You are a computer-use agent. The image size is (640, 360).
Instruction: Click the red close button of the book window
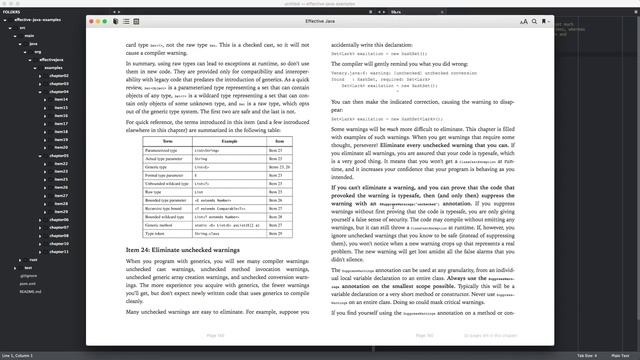(93, 20)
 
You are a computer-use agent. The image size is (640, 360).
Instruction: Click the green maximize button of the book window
(107, 20)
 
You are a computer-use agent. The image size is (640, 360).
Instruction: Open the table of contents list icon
(125, 20)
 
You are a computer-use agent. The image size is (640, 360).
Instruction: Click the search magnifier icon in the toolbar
(535, 20)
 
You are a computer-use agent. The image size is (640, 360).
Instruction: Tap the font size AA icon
(523, 20)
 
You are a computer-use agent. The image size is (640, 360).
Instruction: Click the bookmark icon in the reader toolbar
(547, 20)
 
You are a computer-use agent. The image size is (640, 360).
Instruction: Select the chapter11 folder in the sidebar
(59, 252)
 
